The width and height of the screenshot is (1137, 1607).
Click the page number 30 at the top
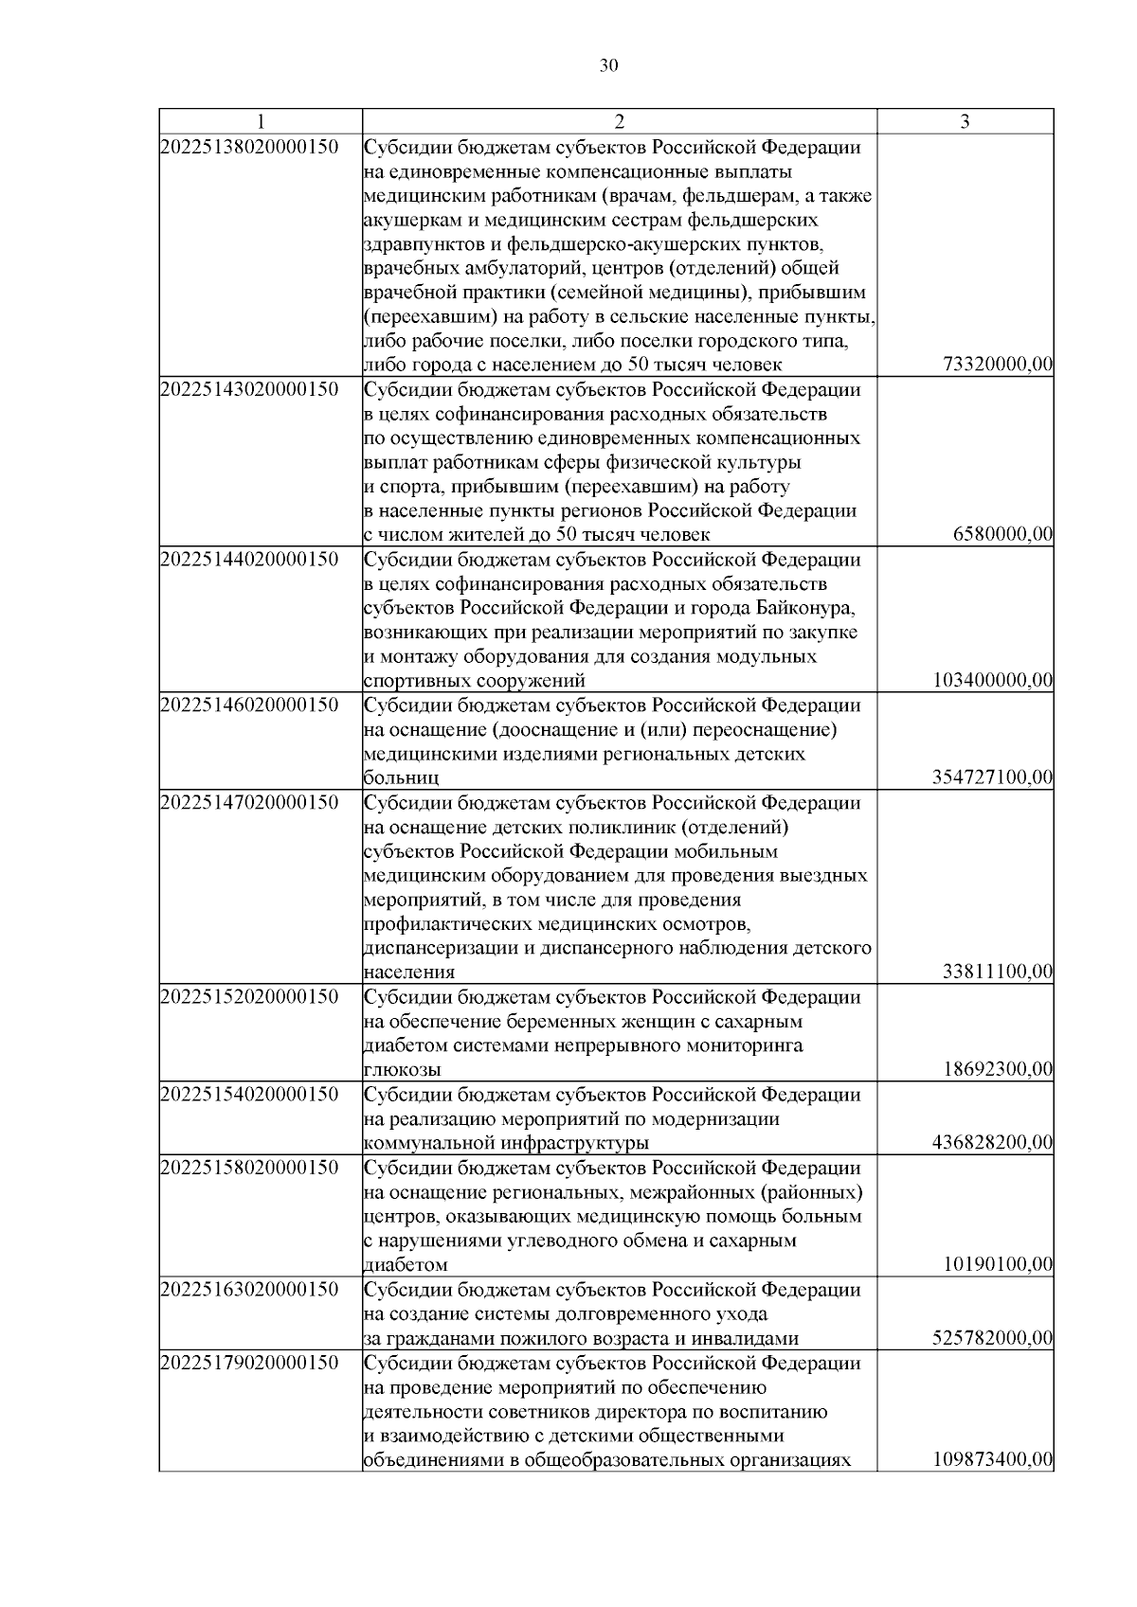609,64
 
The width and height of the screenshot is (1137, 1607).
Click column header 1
261,122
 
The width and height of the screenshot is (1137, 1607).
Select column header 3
965,122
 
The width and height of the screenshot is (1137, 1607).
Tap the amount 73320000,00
999,366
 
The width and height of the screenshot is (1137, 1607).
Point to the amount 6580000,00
1003,535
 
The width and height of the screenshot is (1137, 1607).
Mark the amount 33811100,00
999,972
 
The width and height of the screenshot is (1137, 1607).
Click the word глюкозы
402,1070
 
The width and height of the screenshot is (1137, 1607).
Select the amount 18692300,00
999,1069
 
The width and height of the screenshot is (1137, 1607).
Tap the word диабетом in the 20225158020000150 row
406,1265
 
